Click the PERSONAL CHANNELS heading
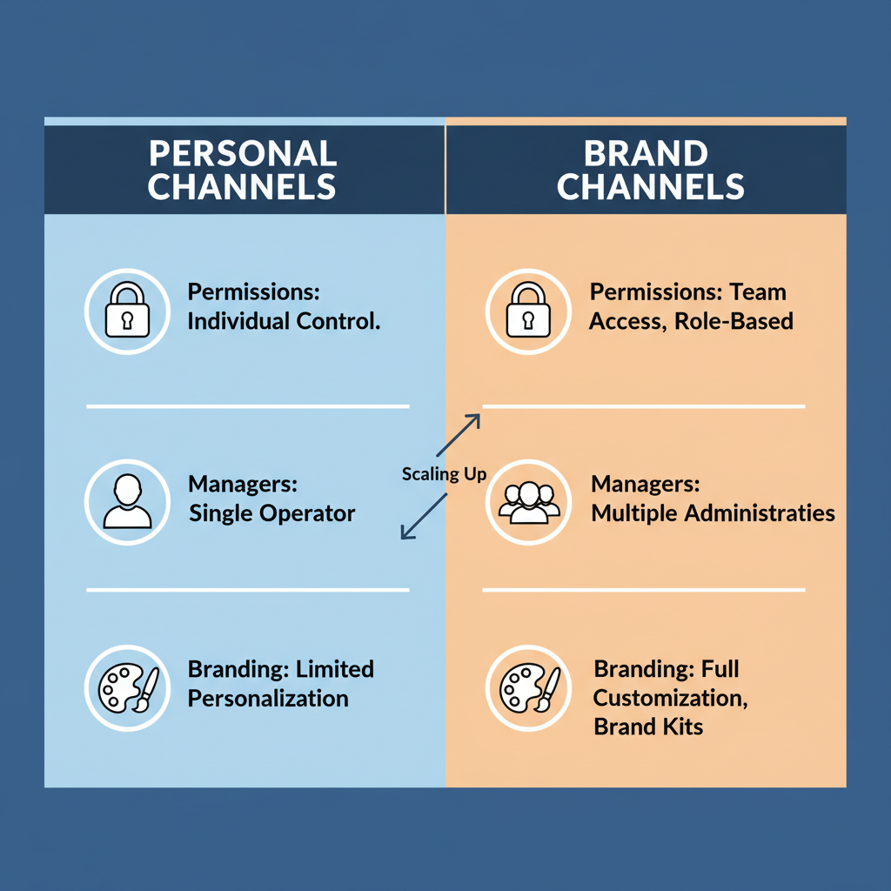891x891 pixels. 243,170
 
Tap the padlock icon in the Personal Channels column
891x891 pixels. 127,311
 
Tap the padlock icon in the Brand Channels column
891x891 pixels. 529,311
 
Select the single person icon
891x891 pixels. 127,502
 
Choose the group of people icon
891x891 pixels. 529,502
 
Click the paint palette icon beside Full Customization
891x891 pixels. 529,688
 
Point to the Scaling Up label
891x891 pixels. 444,474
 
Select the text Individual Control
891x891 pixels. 284,321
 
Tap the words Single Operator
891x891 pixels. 271,513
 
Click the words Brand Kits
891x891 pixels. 648,726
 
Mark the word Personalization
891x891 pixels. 268,698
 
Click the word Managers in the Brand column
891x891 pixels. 645,485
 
